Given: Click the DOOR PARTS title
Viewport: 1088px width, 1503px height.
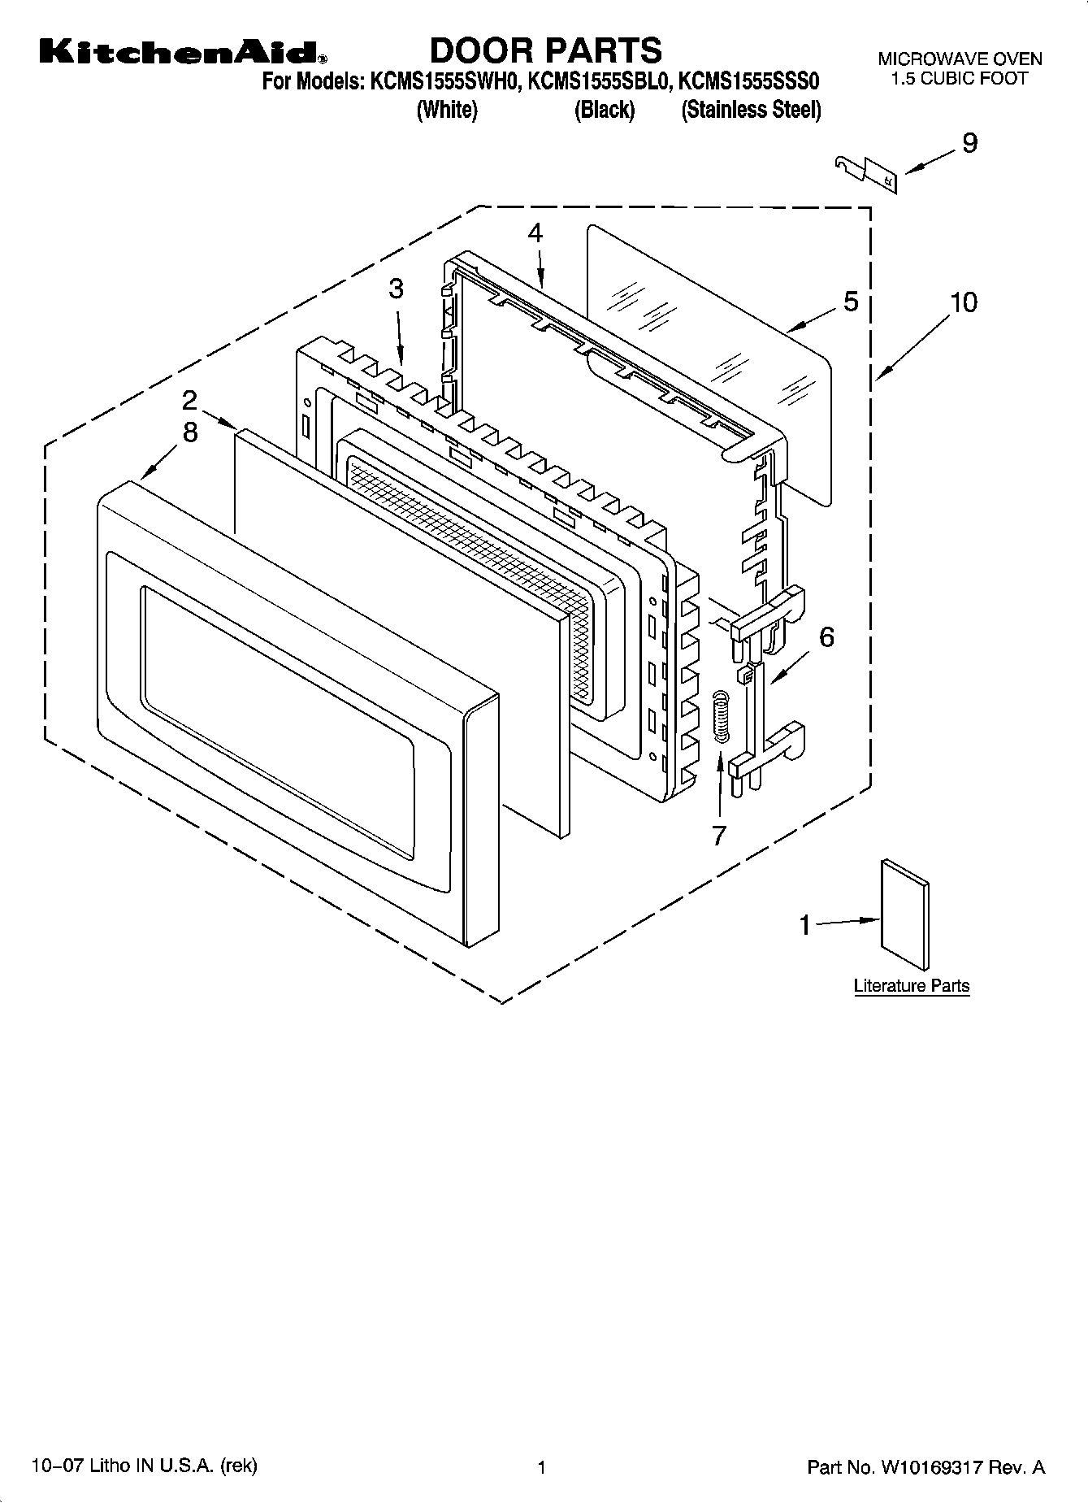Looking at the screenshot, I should (x=545, y=50).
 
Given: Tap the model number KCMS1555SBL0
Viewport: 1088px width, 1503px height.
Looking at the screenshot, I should (x=602, y=82).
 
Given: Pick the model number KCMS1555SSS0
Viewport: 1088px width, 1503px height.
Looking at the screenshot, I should (x=748, y=82).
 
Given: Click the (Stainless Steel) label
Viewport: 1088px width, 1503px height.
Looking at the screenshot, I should (x=751, y=110).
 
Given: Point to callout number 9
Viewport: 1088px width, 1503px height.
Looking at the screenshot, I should (x=969, y=143).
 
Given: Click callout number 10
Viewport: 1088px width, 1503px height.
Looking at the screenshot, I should (x=964, y=302).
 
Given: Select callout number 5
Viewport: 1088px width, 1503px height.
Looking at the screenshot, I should (x=850, y=302).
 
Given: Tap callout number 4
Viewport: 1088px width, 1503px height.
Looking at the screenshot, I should (x=535, y=232).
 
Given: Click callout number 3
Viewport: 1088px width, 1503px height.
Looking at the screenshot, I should (x=396, y=289).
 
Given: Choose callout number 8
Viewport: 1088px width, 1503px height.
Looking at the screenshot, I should (x=189, y=432).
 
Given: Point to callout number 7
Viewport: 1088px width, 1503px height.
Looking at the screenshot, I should (x=718, y=834).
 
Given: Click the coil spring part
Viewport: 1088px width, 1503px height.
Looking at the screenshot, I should (x=720, y=715).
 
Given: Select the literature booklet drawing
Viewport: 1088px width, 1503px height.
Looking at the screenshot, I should (x=904, y=914).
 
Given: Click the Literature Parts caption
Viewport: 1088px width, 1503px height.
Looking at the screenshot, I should (x=911, y=986).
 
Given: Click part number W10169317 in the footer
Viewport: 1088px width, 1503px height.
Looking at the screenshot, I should (x=932, y=1467).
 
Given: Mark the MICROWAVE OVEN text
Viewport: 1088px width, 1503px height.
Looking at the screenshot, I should (x=959, y=59).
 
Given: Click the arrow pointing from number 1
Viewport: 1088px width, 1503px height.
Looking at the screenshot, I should (x=847, y=922).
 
